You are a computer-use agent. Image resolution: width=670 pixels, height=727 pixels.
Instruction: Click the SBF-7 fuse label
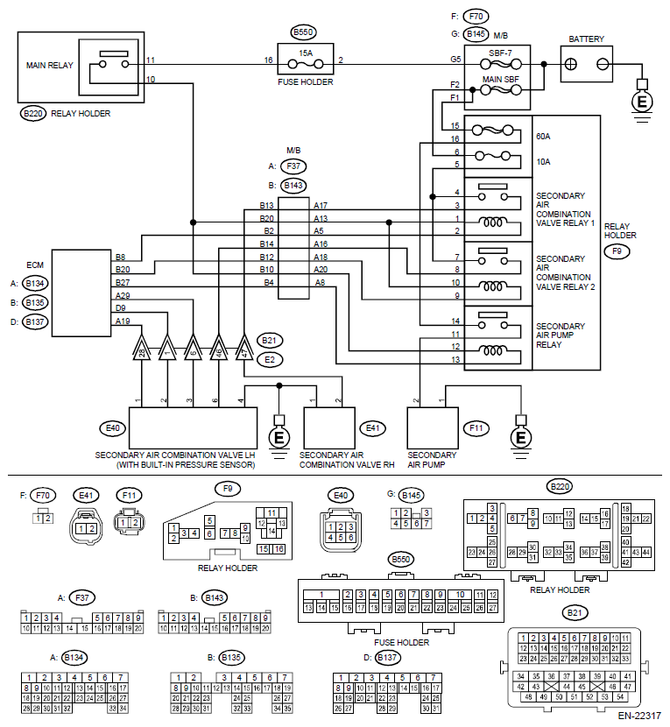[502, 52]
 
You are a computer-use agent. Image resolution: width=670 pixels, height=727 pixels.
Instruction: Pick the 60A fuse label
[543, 137]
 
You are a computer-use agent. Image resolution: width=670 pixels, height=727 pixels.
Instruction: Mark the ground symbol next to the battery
[641, 102]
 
